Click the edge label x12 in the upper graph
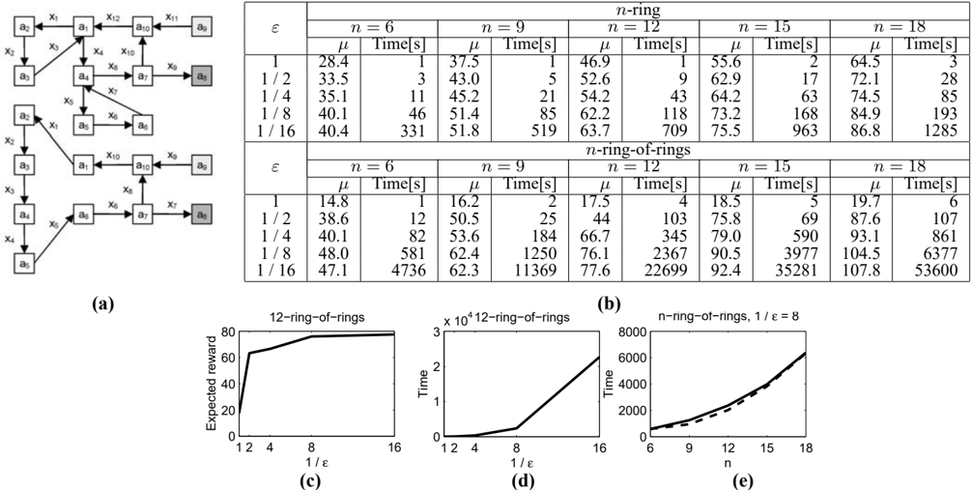tap(112, 17)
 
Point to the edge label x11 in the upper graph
tap(171, 17)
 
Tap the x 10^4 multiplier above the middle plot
tap(459, 320)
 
